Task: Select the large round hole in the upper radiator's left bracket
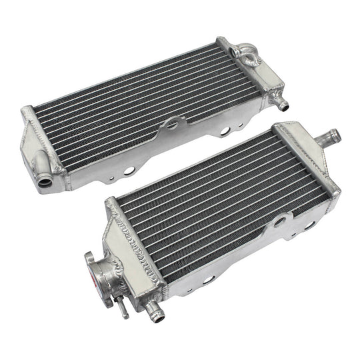126,171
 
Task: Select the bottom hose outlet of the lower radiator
154,307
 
